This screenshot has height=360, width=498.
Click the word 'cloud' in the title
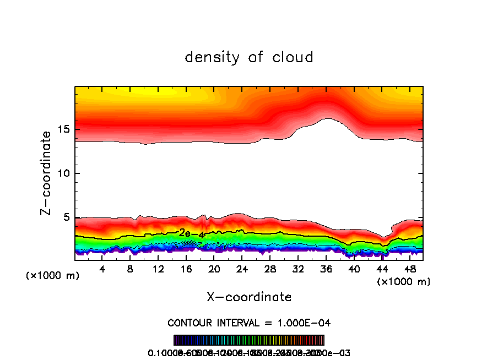pos(293,57)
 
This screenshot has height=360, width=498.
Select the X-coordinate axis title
pos(249,297)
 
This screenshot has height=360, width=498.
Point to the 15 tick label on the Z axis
pos(62,129)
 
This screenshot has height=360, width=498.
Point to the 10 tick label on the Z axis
pos(62,173)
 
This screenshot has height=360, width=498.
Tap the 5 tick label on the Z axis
pos(66,217)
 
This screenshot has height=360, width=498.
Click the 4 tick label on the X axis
pos(102,269)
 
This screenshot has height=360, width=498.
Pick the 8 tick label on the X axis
pos(131,269)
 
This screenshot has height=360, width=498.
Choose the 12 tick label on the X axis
pos(158,269)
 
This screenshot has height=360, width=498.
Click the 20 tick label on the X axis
pos(214,269)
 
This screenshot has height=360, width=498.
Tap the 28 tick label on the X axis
pos(270,269)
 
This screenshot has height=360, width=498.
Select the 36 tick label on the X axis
pos(326,269)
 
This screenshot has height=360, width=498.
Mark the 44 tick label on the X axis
pos(382,269)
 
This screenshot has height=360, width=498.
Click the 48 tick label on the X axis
pos(409,269)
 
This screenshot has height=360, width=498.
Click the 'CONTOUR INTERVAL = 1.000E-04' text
pos(249,322)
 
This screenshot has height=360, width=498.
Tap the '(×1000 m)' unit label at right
pos(404,282)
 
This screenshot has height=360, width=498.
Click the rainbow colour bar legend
pos(249,340)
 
